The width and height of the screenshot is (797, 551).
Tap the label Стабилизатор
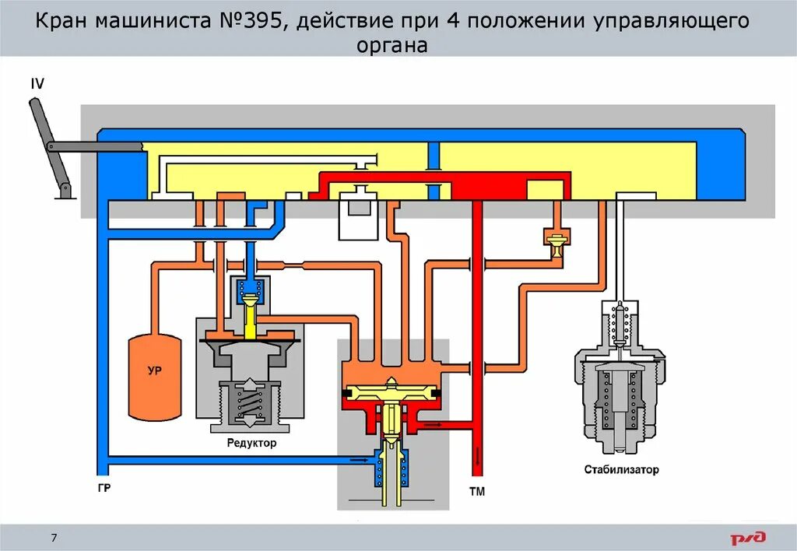(x=621, y=469)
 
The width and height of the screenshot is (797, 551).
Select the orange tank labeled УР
(x=154, y=372)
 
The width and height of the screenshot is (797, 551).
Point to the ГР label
(x=104, y=488)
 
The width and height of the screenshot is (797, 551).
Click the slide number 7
(x=54, y=538)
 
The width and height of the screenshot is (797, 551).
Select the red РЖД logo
(x=747, y=537)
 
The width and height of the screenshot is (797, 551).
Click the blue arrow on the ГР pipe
(x=360, y=460)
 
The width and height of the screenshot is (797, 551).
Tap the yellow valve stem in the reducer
(x=251, y=318)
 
